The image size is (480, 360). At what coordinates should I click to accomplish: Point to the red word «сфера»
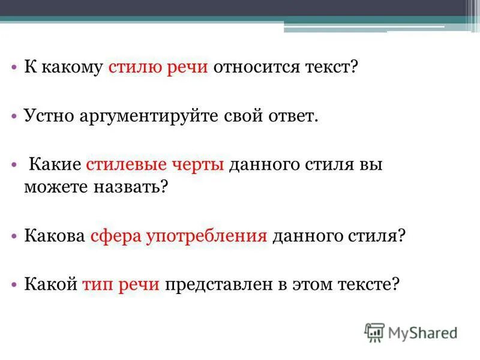114,235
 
